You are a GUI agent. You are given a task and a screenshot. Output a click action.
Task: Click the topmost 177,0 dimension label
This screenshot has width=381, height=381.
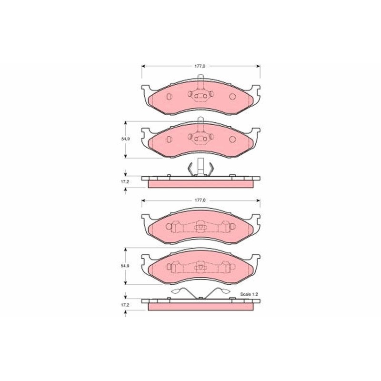click(x=200, y=66)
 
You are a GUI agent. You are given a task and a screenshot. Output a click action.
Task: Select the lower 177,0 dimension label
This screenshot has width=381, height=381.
click(x=200, y=200)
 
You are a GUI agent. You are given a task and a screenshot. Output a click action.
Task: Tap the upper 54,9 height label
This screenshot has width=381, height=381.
click(x=125, y=139)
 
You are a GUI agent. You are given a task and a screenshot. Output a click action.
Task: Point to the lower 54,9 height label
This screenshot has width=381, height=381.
click(x=125, y=266)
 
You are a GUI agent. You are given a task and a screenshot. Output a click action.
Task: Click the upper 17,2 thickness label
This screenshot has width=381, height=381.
click(x=125, y=181)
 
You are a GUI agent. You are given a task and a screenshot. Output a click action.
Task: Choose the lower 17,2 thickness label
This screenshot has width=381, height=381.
click(x=125, y=305)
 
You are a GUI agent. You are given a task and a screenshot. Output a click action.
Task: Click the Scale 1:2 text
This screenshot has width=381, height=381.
click(x=249, y=294)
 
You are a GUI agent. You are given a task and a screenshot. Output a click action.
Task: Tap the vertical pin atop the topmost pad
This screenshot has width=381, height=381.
click(x=201, y=82)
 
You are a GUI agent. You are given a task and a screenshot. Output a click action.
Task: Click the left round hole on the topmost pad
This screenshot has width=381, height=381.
click(x=169, y=97)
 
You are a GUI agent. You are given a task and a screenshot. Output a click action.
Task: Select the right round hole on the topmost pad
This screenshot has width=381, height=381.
click(x=232, y=97)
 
